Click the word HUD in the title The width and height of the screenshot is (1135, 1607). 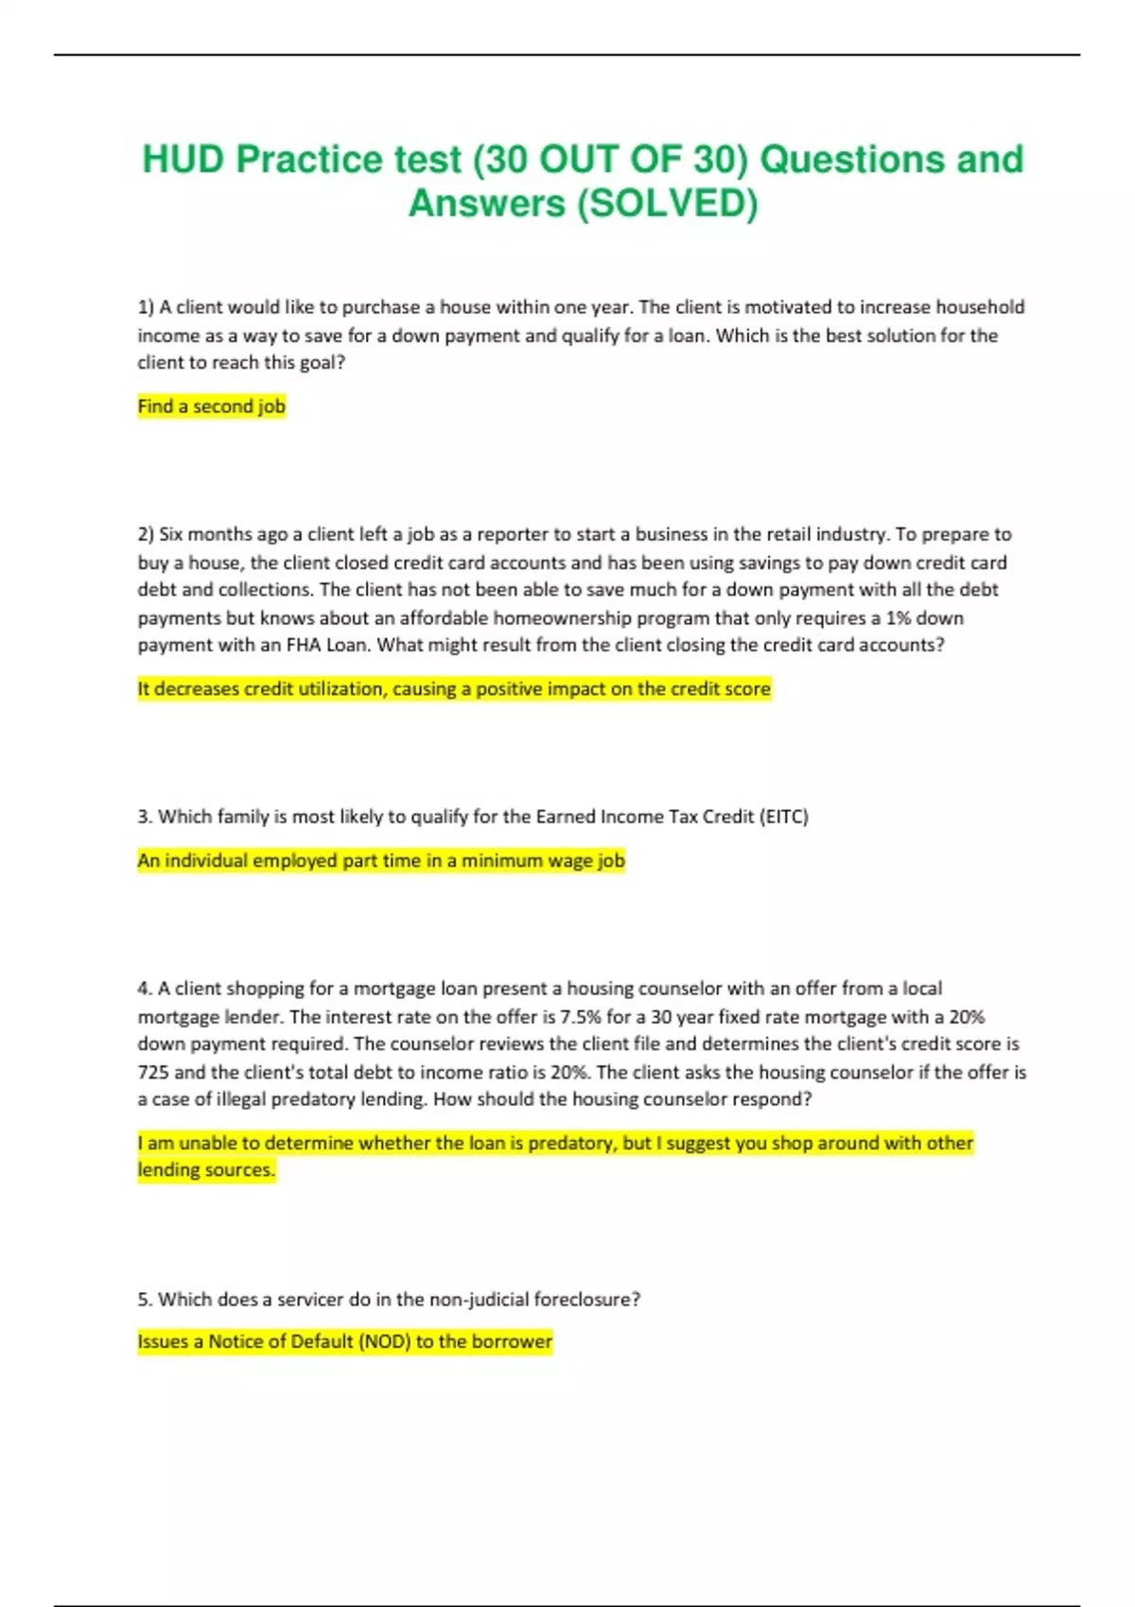(x=183, y=160)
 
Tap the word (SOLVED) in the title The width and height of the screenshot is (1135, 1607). (x=668, y=203)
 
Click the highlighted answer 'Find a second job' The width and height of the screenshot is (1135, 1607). (x=211, y=406)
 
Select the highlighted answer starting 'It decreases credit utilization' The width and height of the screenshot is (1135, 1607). (x=454, y=689)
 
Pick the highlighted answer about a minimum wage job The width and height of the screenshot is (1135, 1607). (x=381, y=861)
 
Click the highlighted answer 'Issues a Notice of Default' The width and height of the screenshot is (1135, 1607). (x=344, y=1342)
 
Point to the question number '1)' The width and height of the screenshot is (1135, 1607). (x=146, y=307)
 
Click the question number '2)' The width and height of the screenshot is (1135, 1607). (x=146, y=534)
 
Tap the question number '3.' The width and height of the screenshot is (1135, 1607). (x=145, y=817)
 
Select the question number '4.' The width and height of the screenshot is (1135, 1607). (x=145, y=989)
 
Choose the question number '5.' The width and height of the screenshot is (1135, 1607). (x=145, y=1300)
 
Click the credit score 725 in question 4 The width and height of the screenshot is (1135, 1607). (x=153, y=1073)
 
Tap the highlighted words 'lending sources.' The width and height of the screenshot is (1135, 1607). (x=206, y=1170)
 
